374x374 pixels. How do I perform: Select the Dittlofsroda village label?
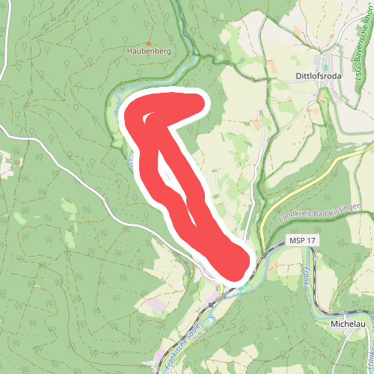tap(322, 76)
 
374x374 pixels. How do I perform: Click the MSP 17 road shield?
tap(302, 241)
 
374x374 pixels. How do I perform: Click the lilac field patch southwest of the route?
tap(159, 307)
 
